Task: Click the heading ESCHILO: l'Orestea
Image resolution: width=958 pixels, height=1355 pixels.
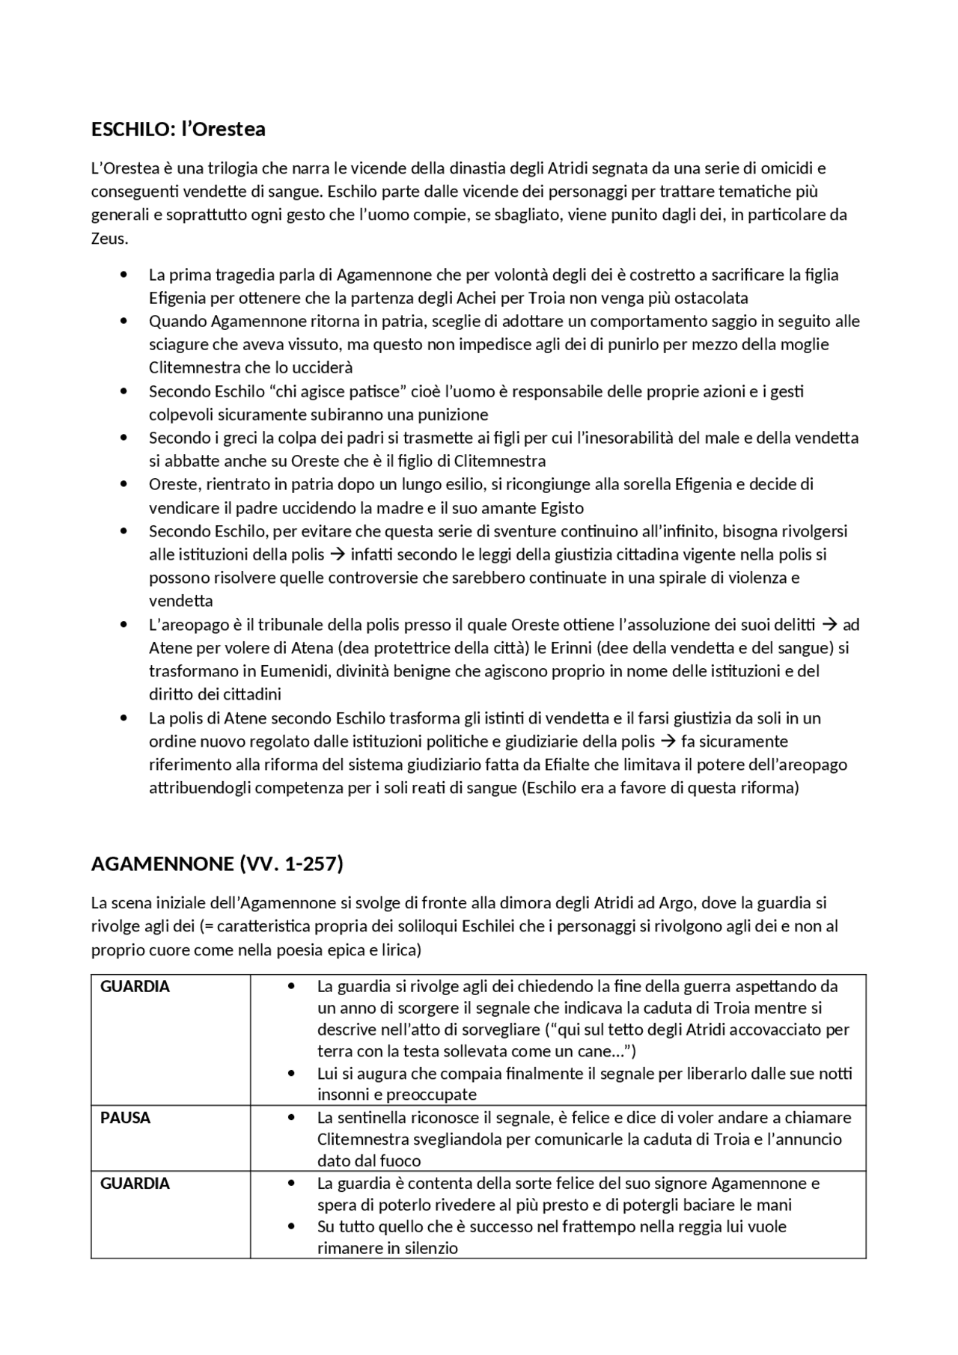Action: [178, 129]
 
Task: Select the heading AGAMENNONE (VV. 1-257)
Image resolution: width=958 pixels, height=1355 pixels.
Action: [216, 863]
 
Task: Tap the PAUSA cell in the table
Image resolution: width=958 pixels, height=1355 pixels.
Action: [125, 1118]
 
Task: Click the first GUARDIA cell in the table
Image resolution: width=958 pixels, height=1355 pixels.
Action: [135, 986]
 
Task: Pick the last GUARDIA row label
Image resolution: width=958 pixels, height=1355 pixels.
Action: [135, 1184]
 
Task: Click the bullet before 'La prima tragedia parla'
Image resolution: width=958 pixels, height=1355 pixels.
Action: [123, 275]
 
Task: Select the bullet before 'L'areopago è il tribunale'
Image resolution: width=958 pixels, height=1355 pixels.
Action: [123, 625]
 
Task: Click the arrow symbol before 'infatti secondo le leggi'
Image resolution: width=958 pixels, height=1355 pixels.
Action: [337, 554]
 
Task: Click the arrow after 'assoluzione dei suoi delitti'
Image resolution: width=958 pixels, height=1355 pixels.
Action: [829, 625]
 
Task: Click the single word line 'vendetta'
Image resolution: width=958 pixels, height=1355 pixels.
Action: [180, 601]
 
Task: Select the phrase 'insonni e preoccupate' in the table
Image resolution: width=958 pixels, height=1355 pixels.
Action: [397, 1095]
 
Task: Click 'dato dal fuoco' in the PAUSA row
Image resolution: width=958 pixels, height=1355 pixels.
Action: [369, 1161]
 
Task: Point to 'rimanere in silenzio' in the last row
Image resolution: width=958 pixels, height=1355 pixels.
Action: [387, 1248]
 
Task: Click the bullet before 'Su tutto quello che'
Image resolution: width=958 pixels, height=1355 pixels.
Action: [292, 1227]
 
